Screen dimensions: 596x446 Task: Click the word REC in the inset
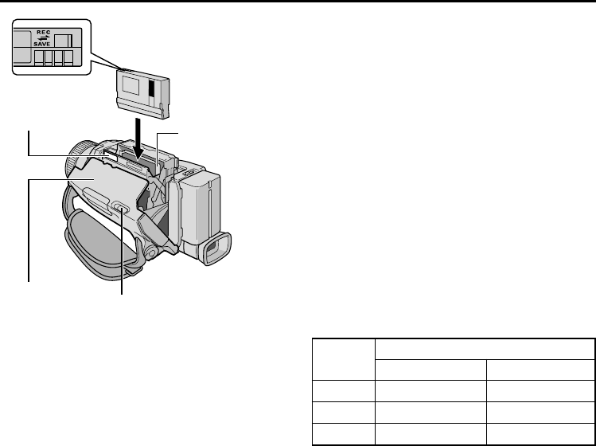(43, 33)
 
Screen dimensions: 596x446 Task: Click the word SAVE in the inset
(42, 44)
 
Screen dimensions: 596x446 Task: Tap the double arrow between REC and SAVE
(43, 38)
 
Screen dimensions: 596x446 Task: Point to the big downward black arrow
(138, 139)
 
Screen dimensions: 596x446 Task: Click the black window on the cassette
(152, 88)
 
